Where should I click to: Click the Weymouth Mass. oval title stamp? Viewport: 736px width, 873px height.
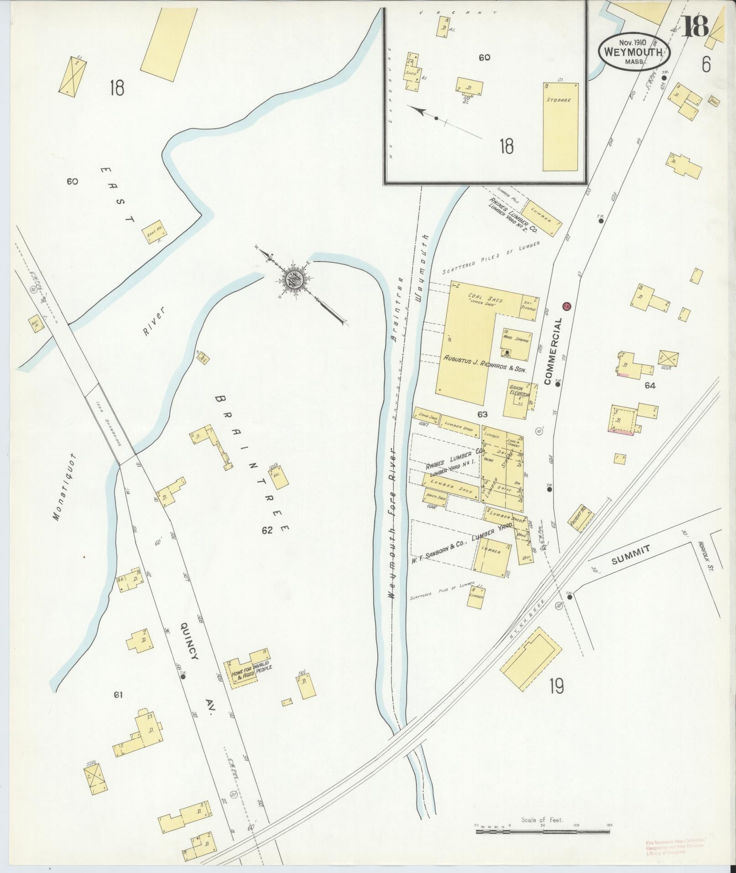tap(634, 52)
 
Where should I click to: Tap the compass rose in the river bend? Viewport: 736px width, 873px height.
tap(292, 280)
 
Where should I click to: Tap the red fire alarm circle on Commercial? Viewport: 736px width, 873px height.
tap(567, 305)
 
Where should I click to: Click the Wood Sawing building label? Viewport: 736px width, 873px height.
tap(517, 340)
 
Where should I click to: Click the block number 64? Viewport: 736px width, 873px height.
tap(650, 386)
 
